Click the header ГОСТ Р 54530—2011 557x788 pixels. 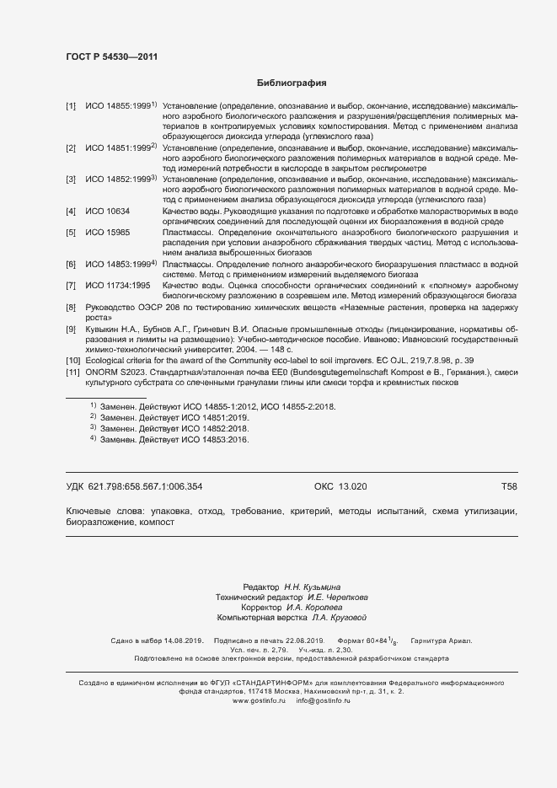click(x=111, y=57)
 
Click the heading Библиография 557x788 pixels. click(x=291, y=83)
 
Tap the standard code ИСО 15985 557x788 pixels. click(x=108, y=231)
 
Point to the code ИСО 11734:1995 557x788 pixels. click(x=118, y=286)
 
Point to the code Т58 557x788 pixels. click(x=509, y=487)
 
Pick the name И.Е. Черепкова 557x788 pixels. click(x=331, y=597)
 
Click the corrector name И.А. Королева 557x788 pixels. click(x=313, y=607)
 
